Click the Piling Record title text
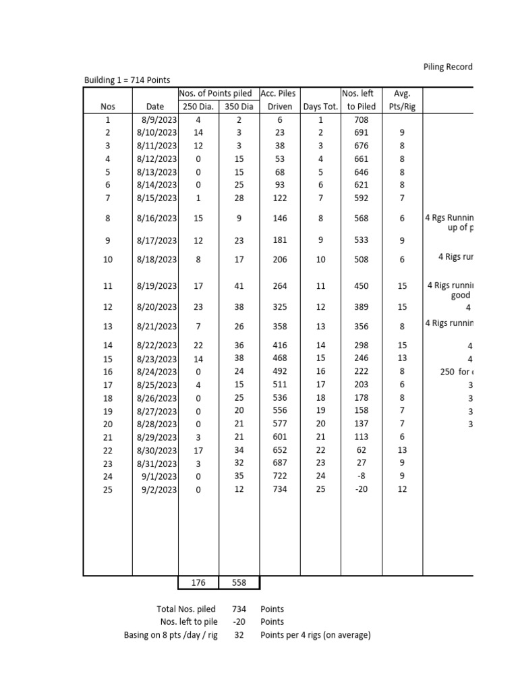pyautogui.click(x=448, y=67)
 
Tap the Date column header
pyautogui.click(x=155, y=107)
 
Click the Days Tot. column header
pyautogui.click(x=320, y=107)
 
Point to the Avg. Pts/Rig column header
pyautogui.click(x=402, y=100)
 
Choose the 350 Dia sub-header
pyautogui.click(x=239, y=107)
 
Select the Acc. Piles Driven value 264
pyautogui.click(x=280, y=286)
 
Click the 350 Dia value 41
pyautogui.click(x=239, y=286)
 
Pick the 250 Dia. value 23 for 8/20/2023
pyautogui.click(x=198, y=307)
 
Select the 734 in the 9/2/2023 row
pyautogui.click(x=280, y=490)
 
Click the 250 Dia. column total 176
pyautogui.click(x=198, y=583)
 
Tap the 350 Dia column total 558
pyautogui.click(x=239, y=583)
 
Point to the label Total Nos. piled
pyautogui.click(x=186, y=609)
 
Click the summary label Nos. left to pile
pyautogui.click(x=188, y=622)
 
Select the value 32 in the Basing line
pyautogui.click(x=239, y=636)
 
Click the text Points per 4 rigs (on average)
pyautogui.click(x=315, y=636)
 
